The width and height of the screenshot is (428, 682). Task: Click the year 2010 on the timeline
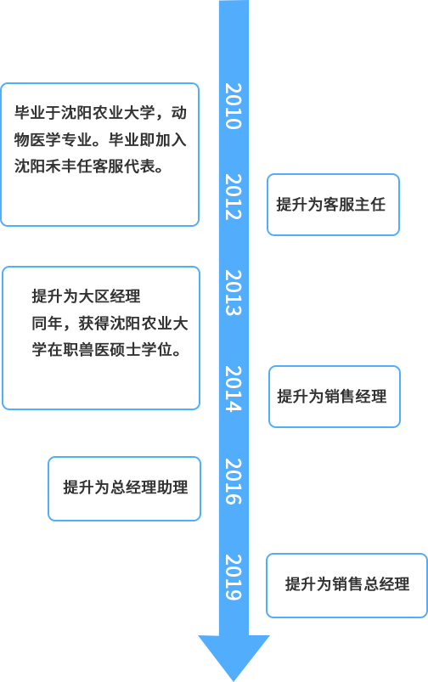point(234,106)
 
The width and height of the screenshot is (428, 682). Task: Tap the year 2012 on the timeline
point(234,196)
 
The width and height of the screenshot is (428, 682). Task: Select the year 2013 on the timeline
point(234,292)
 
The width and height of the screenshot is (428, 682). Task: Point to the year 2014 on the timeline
point(234,388)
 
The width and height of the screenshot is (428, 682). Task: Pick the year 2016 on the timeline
point(234,482)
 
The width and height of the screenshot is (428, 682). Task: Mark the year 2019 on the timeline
point(234,578)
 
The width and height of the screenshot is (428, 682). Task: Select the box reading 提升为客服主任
point(333,205)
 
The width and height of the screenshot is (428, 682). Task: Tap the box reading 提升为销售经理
point(335,397)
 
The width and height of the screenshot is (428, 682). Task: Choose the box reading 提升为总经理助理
point(124,488)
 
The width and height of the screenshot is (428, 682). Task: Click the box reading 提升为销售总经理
point(346,585)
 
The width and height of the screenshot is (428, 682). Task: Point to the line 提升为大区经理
point(86,296)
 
